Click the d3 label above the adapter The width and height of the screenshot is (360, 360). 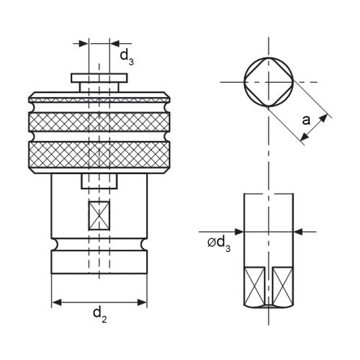(125, 55)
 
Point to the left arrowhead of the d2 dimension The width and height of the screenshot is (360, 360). (57, 301)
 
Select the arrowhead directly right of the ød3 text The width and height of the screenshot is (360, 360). (240, 232)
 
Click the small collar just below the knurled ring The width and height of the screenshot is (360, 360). (99, 179)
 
